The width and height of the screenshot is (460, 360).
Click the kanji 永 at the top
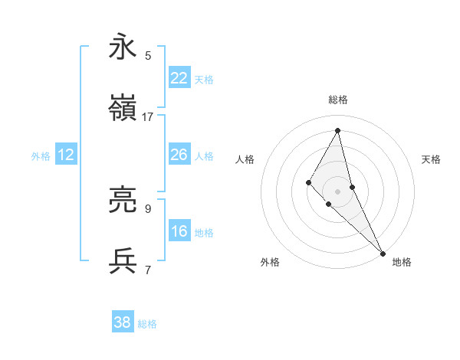[123, 47]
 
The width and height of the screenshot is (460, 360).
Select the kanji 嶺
[123, 108]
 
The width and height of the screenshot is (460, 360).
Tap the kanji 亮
[123, 200]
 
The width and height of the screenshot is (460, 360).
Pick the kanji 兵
[123, 261]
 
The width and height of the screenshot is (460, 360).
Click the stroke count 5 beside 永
[148, 55]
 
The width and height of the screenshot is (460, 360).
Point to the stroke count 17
[148, 116]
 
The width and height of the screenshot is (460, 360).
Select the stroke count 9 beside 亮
[148, 208]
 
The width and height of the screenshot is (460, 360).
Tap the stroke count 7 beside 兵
[148, 270]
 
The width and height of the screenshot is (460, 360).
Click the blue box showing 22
[179, 77]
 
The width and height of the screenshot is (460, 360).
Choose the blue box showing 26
[179, 155]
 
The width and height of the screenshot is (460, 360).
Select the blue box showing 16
[179, 231]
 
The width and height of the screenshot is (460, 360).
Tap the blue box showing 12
[66, 155]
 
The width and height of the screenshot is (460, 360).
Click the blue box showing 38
[123, 322]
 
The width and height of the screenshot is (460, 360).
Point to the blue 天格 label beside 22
[204, 79]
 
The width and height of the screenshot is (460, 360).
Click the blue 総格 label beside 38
[147, 324]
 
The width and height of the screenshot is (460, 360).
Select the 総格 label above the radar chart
[338, 100]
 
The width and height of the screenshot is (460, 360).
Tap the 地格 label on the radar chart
[402, 262]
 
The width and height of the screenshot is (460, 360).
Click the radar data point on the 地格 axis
[383, 253]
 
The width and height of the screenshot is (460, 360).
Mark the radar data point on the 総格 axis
[338, 129]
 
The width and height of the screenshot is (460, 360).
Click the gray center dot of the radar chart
[338, 191]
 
